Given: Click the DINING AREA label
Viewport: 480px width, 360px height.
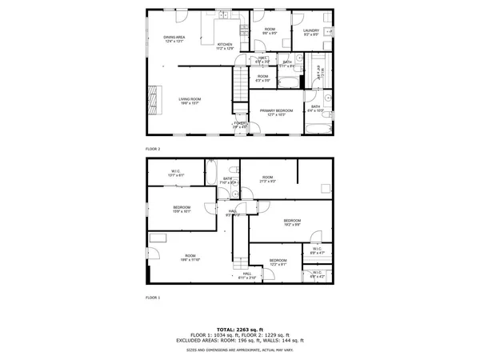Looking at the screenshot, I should [174, 38].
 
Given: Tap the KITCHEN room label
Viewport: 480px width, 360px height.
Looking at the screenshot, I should [225, 46].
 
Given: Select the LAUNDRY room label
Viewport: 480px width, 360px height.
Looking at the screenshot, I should [311, 32].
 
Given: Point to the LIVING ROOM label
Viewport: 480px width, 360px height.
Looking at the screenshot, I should [190, 100].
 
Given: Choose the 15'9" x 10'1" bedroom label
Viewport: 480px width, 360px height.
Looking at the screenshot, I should [182, 210].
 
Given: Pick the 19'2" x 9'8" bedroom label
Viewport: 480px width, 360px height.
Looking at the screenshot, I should [291, 222].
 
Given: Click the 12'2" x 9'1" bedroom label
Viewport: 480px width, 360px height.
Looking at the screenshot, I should [278, 262].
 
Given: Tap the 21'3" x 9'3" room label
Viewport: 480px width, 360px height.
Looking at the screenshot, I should [267, 178].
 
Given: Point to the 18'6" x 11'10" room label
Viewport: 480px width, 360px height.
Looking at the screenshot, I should [190, 258].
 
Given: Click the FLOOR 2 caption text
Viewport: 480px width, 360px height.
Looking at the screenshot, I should [153, 150].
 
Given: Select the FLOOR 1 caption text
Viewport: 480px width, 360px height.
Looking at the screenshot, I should [153, 297].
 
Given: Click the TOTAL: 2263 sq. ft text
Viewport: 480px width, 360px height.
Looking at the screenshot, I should [240, 329].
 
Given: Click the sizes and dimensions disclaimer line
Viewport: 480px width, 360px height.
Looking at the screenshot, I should [240, 350].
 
